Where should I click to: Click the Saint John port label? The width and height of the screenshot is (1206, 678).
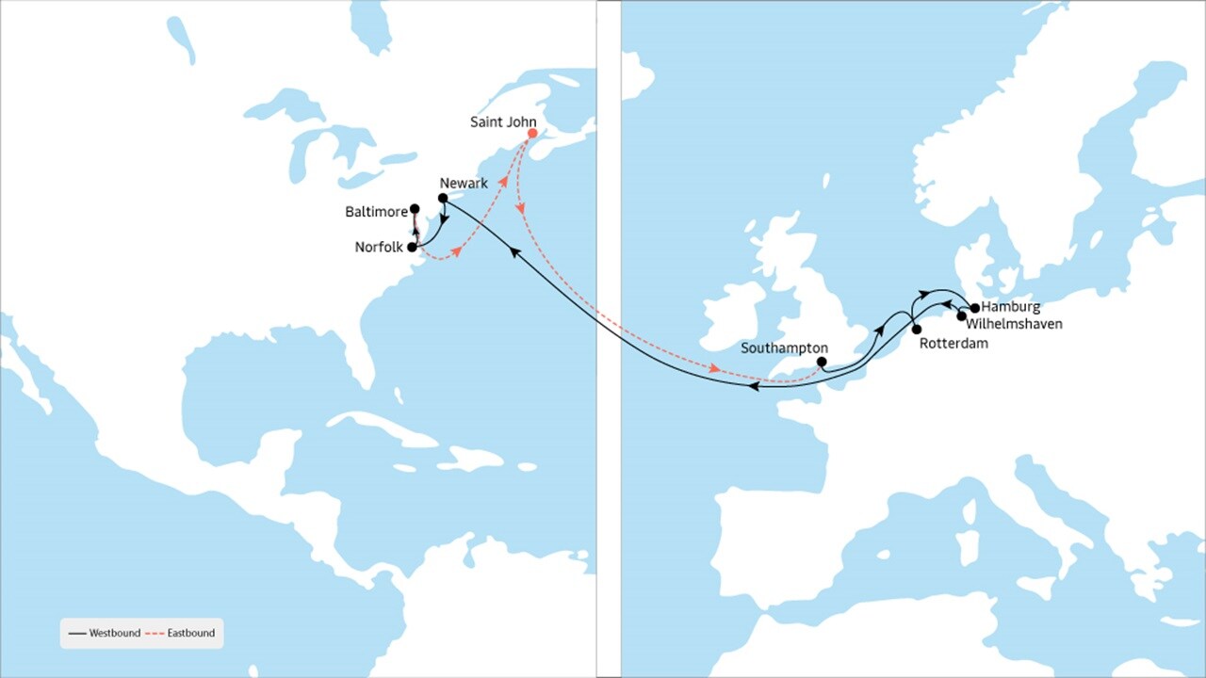coord(503,122)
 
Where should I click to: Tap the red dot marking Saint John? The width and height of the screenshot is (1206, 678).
coord(531,134)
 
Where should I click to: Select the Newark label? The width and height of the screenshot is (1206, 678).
coord(463,183)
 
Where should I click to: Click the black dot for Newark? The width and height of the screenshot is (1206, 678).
coord(442,198)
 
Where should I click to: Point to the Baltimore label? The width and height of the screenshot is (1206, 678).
coord(377,213)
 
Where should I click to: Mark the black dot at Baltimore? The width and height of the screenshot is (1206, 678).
coord(415,209)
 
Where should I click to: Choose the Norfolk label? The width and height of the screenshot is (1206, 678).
coord(379,248)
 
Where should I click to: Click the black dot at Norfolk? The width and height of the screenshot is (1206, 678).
coord(412,247)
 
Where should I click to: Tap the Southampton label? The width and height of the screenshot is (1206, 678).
coord(784,347)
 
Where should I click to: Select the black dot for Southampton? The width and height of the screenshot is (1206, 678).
coord(822,362)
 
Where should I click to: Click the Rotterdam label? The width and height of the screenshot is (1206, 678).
coord(953,344)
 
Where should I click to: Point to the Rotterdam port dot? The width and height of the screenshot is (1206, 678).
coord(916,329)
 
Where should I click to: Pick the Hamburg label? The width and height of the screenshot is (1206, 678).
coord(1011,307)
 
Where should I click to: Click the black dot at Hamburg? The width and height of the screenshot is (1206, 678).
coord(974,308)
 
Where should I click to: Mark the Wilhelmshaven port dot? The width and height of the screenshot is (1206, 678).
coord(961,316)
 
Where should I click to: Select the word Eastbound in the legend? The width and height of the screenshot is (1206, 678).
coord(191,633)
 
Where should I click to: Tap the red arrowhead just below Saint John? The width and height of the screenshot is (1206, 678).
coord(519,205)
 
